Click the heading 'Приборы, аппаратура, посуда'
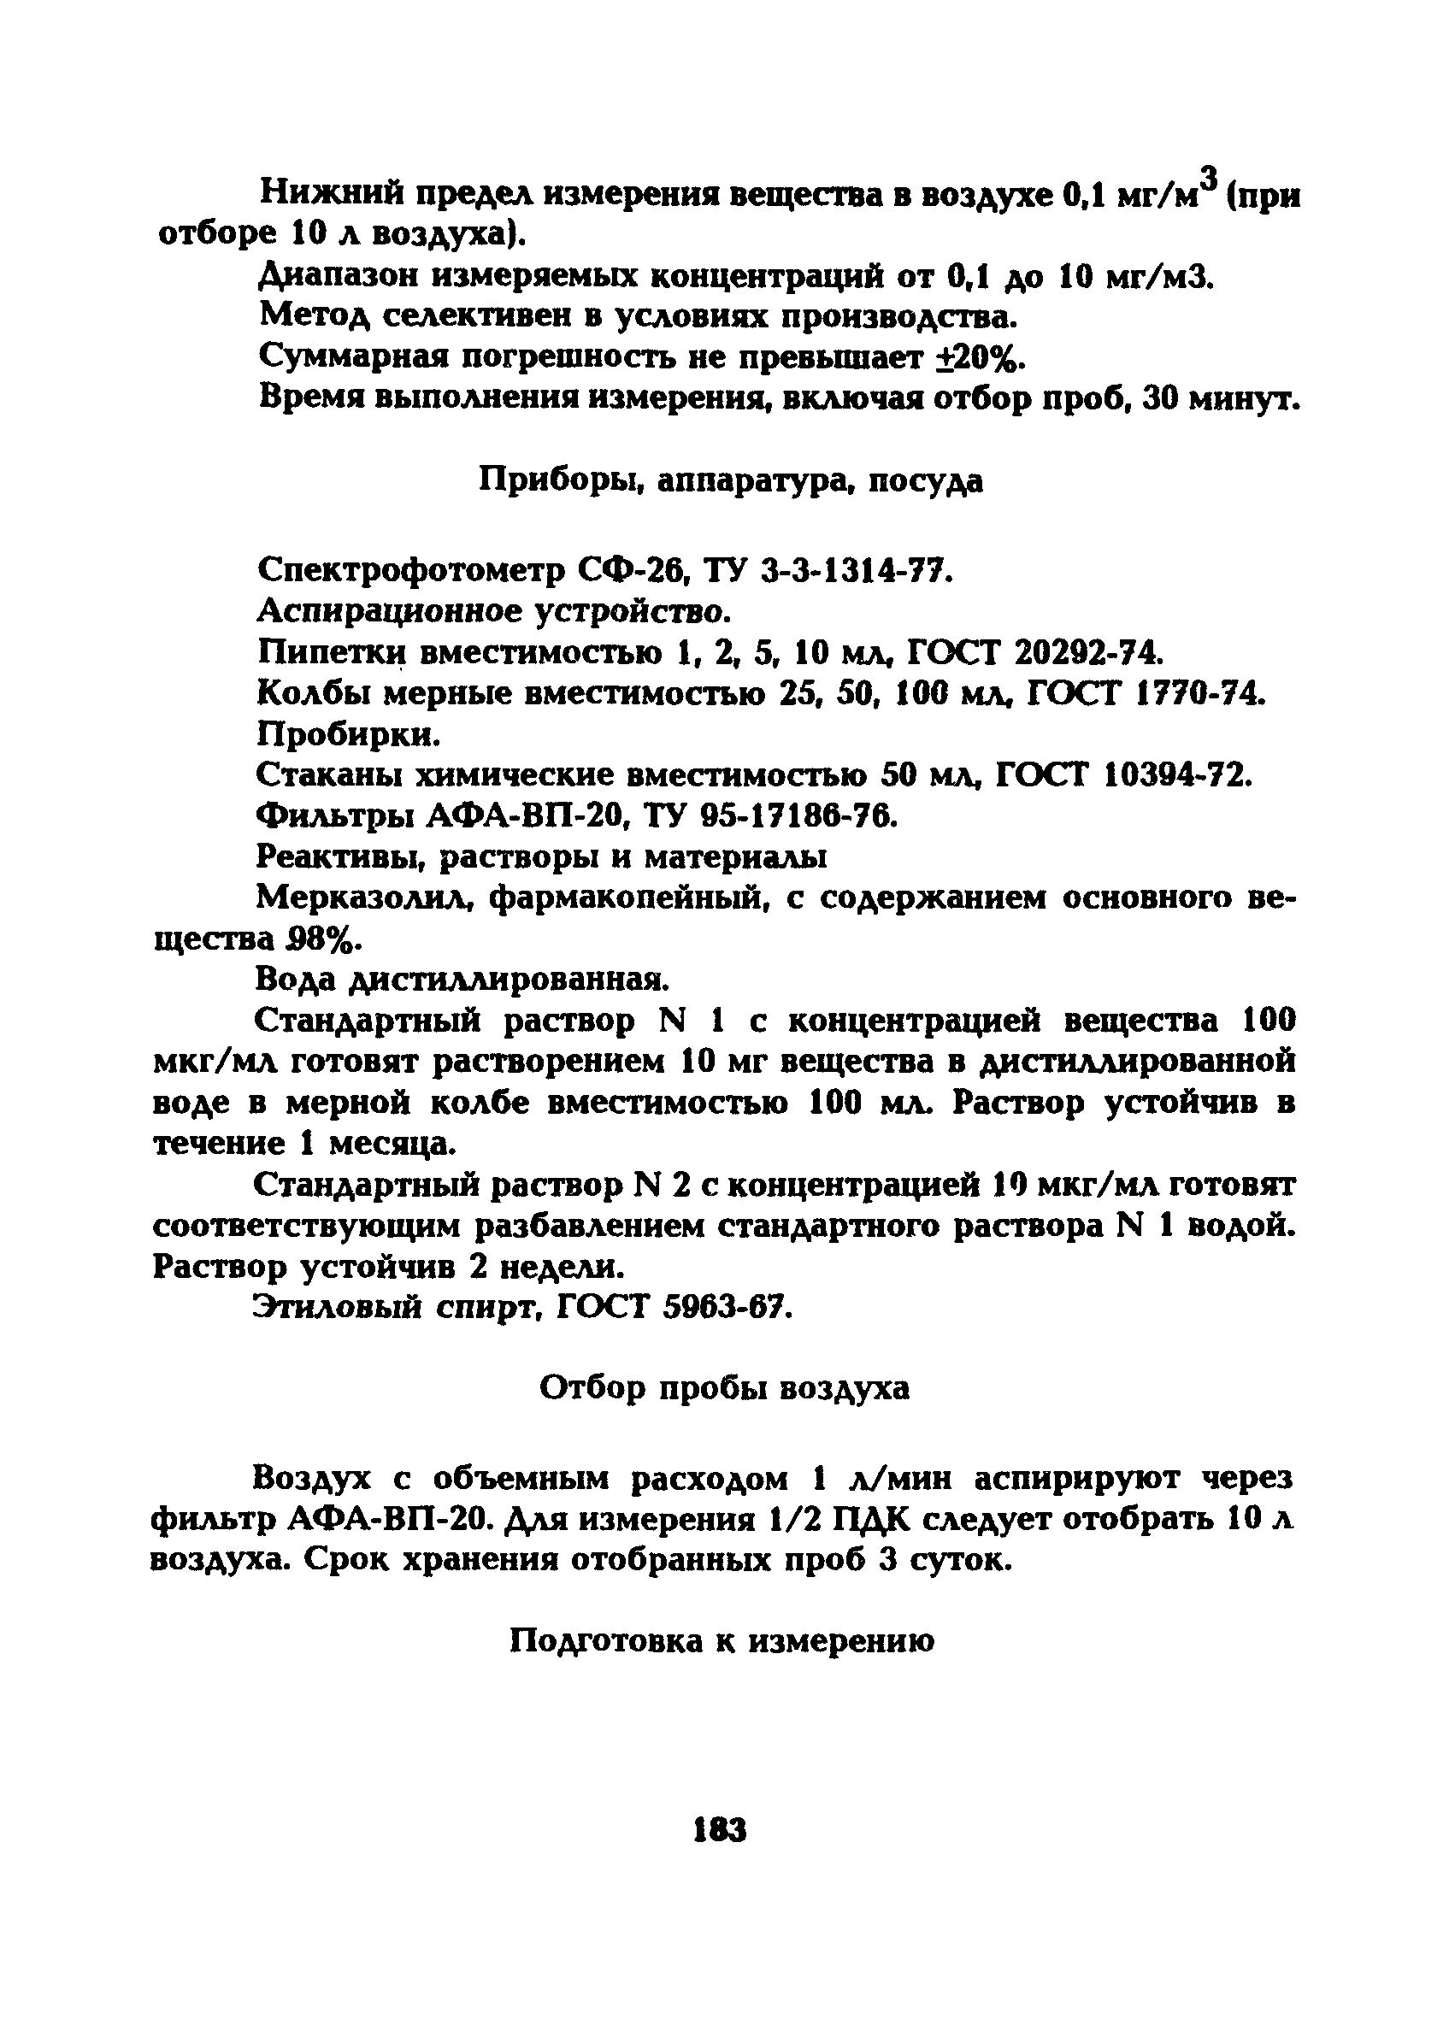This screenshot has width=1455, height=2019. [x=731, y=480]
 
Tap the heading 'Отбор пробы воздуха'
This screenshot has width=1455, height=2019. [x=725, y=1388]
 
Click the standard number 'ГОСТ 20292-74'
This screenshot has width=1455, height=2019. [x=1034, y=653]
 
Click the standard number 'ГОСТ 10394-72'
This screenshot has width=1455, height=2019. [x=1121, y=775]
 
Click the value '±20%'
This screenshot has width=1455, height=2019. [x=980, y=358]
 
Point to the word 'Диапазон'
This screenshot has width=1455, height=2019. [x=339, y=277]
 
